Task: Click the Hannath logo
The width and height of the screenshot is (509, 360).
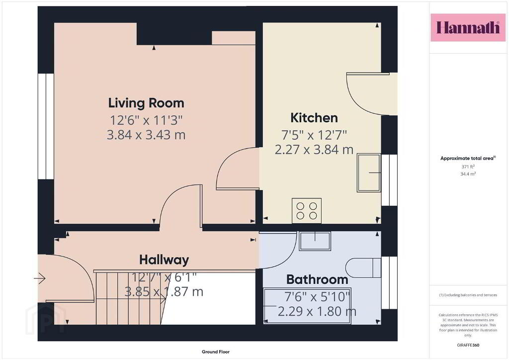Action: point(468,27)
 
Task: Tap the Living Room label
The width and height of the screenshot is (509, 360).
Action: point(146,103)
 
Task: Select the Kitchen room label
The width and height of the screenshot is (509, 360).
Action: point(314,118)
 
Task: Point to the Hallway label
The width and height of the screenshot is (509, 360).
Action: point(164,260)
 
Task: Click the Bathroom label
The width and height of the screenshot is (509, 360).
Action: point(317,279)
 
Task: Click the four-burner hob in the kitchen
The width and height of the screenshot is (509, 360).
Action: point(307,211)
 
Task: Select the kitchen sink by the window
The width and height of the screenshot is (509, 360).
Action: point(369,173)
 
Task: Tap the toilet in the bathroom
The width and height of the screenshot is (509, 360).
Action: point(363,268)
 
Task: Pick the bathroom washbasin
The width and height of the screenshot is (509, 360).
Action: point(315,241)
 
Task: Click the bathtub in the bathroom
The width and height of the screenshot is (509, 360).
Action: point(307,306)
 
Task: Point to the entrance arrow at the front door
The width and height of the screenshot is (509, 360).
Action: point(40,278)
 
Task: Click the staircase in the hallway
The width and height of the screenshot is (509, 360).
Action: point(130,298)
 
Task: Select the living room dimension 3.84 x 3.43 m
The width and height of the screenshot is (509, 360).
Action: point(146,135)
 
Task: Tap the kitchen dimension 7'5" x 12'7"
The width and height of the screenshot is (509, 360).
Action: point(314,135)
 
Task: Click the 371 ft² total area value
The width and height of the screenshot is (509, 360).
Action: point(468,167)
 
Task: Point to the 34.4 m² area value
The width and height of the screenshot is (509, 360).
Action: point(468,174)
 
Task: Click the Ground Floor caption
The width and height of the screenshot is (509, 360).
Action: point(216,352)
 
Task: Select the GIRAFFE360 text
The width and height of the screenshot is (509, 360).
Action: point(468,345)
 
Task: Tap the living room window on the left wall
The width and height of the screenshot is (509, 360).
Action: point(46,126)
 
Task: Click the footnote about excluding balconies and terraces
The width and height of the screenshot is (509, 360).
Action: point(468,295)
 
